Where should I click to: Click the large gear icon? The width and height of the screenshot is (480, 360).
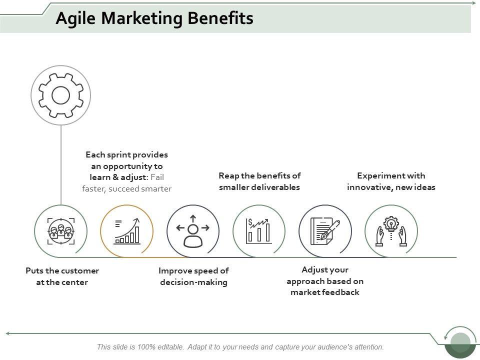pyautogui.click(x=60, y=94)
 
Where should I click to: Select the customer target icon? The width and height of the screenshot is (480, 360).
pyautogui.click(x=60, y=231)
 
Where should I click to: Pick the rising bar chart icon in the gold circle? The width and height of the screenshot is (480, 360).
pyautogui.click(x=126, y=231)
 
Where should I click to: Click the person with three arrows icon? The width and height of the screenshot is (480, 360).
pyautogui.click(x=192, y=231)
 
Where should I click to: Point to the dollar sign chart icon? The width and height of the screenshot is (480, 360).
pyautogui.click(x=259, y=231)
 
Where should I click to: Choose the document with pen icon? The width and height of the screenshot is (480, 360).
pyautogui.click(x=325, y=231)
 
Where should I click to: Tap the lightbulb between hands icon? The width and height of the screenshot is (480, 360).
pyautogui.click(x=391, y=231)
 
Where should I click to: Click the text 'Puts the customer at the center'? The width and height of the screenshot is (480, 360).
pyautogui.click(x=62, y=276)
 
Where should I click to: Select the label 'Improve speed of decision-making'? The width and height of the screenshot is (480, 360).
pyautogui.click(x=193, y=276)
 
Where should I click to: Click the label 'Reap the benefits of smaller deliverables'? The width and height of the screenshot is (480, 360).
pyautogui.click(x=259, y=181)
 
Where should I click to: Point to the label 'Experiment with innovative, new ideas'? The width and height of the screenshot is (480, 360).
pyautogui.click(x=391, y=181)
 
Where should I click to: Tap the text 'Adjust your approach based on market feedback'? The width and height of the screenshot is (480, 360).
pyautogui.click(x=325, y=281)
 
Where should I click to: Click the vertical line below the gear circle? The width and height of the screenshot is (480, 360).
pyautogui.click(x=61, y=165)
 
